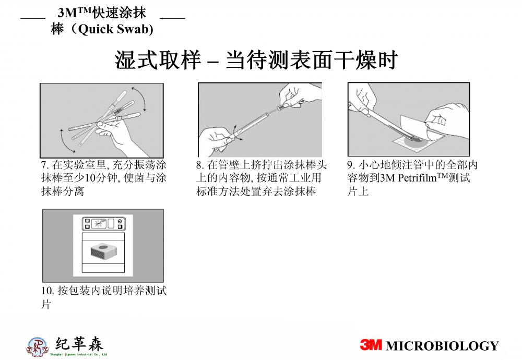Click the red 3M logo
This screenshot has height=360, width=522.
coord(371,345)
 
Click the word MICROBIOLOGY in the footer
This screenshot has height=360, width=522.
coord(443,346)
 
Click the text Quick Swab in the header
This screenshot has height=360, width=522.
coord(115,29)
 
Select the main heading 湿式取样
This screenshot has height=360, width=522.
coord(158,60)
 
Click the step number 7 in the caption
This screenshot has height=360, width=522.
coord(44,165)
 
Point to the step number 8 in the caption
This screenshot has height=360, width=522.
coord(199,165)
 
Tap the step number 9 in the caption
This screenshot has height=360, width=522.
coord(350,165)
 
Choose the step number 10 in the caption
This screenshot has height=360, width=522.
coord(48,291)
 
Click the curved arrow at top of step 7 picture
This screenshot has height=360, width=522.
coord(139,98)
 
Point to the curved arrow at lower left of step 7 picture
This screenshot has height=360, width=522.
coord(66,140)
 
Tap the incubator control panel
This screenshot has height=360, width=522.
coord(103,223)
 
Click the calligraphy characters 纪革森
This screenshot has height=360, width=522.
coord(79,344)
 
